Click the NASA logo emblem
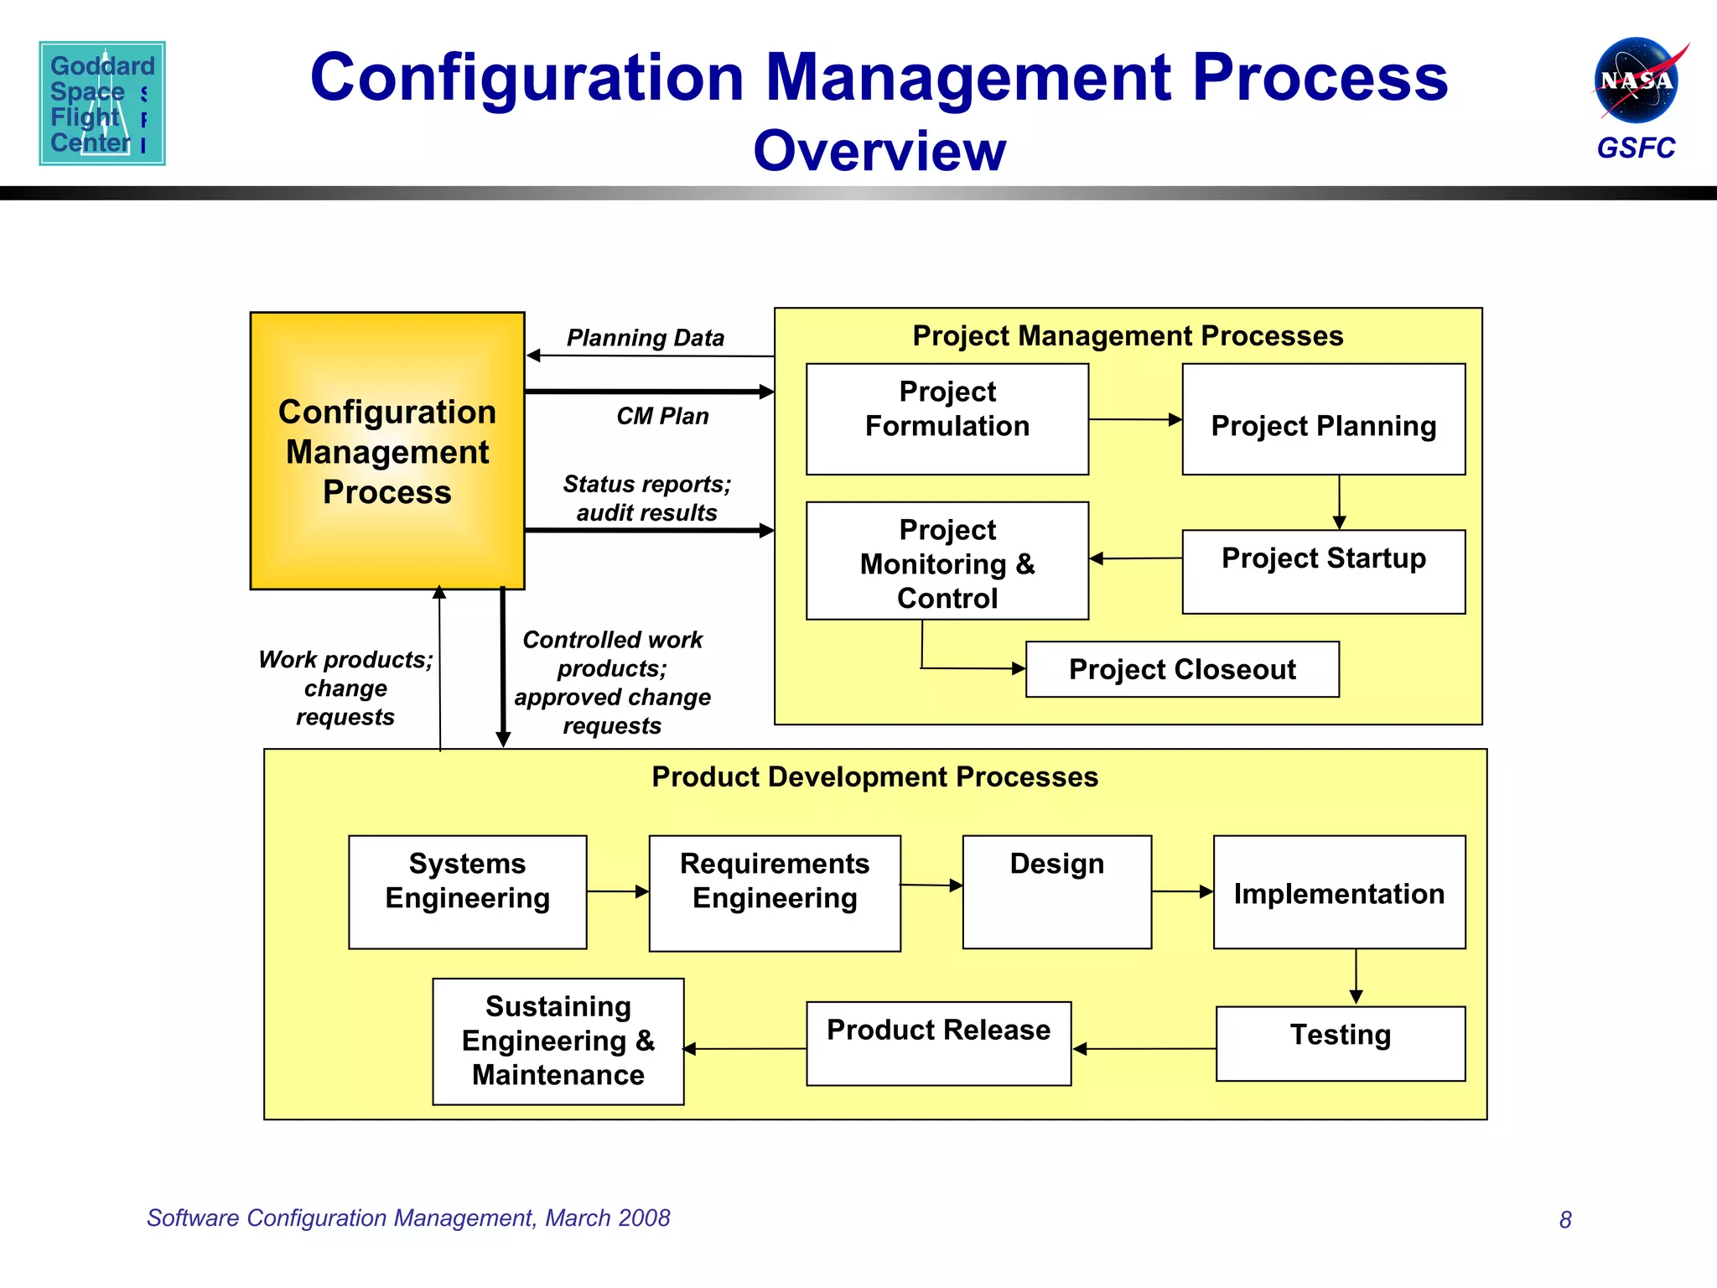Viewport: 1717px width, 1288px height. coord(1637,80)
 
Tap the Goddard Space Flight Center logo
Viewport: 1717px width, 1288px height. coord(102,103)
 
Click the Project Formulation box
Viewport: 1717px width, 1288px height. coord(947,418)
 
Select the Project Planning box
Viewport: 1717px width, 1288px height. coord(1323,418)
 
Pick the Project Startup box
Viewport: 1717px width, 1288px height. coord(1323,571)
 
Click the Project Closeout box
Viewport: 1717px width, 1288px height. coord(1181,669)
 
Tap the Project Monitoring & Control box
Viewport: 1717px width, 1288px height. coord(947,561)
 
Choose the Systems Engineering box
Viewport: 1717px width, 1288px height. coord(467,891)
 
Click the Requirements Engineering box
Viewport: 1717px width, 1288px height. coord(774,892)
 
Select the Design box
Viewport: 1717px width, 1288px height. coord(1056,891)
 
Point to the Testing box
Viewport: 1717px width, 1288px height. coord(1340,1043)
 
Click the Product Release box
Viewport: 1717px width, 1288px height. coord(938,1043)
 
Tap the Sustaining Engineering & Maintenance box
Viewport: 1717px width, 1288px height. coord(558,1041)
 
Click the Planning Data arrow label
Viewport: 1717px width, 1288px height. coord(645,338)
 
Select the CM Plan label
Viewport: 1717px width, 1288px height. coord(662,416)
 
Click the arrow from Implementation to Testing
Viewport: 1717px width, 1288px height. coord(1356,977)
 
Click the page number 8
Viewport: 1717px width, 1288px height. coord(1564,1219)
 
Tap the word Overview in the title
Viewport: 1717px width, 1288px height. coord(879,151)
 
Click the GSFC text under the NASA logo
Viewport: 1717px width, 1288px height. coord(1635,148)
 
